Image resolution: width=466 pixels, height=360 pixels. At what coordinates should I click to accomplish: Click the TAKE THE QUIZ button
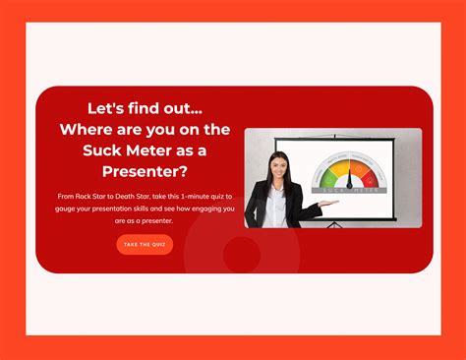(145, 244)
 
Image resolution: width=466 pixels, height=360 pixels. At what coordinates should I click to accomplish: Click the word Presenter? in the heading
(145, 172)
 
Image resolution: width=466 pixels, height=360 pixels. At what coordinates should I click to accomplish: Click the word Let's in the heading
(85, 107)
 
